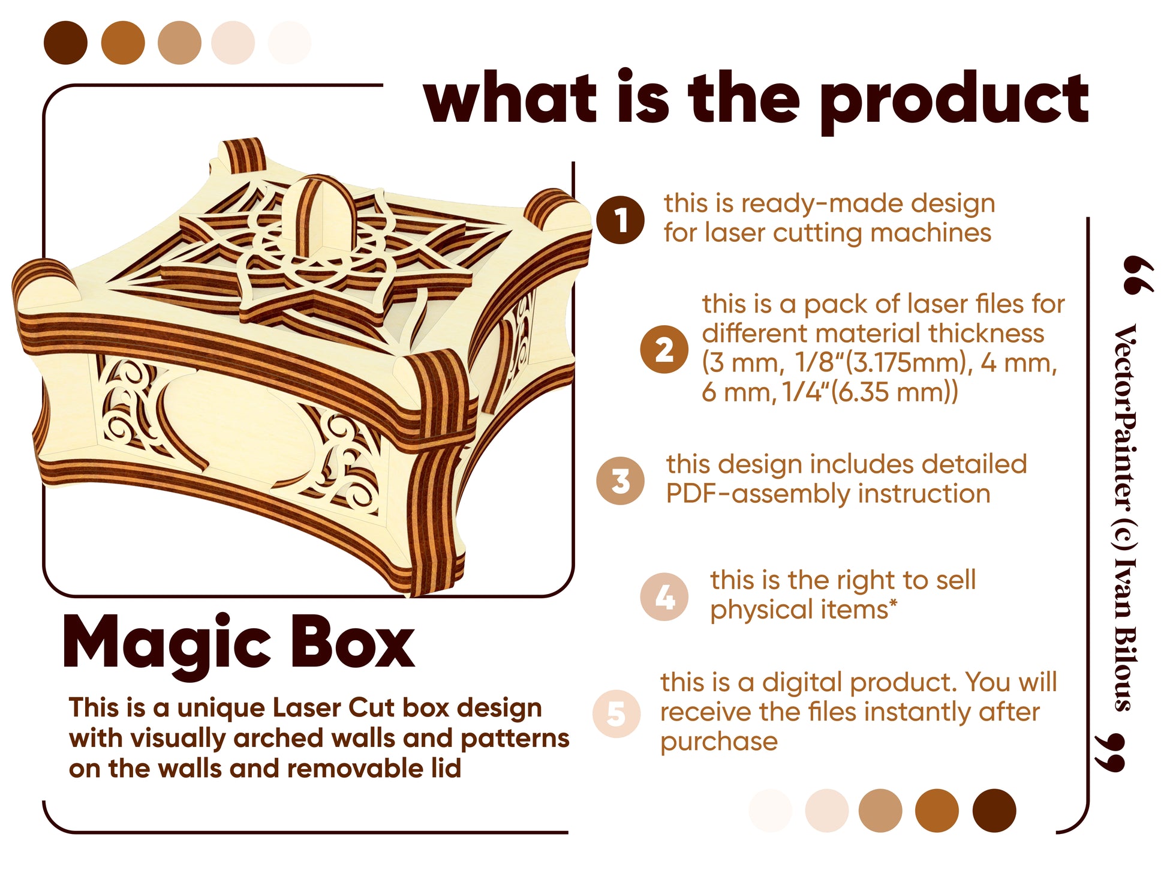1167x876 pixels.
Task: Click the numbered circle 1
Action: [621, 220]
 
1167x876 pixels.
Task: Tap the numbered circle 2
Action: [664, 349]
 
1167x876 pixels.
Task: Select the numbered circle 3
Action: [621, 481]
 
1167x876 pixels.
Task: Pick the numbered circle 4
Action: [664, 596]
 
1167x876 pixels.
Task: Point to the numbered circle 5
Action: [616, 714]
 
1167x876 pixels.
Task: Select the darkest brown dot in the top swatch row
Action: [65, 43]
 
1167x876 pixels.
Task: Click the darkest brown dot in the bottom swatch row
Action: [994, 811]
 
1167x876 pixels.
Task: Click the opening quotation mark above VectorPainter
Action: [1137, 275]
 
